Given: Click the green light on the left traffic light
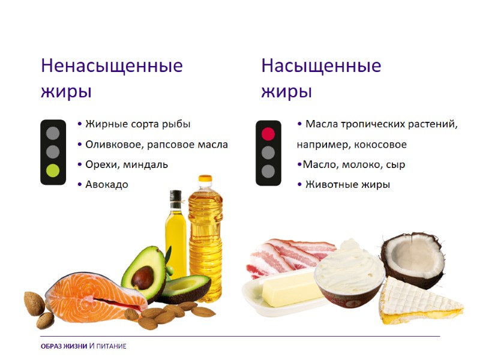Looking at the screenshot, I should tap(53, 170).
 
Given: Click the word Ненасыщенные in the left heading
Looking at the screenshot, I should tap(112, 65).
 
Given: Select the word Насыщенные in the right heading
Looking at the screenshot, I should tap(321, 65).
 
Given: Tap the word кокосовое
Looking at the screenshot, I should tap(379, 145).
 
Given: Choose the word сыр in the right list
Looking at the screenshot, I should tap(396, 164).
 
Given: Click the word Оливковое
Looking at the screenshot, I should tap(110, 145).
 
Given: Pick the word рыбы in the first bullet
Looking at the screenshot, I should tap(176, 124).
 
